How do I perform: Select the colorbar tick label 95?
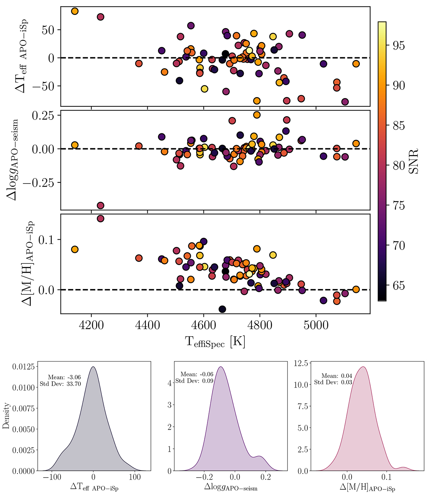pos(396,46)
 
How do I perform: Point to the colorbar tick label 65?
pos(396,286)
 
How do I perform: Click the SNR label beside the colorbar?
pos(413,161)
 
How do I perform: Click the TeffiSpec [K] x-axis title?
pos(215,342)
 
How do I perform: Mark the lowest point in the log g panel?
pos(100,206)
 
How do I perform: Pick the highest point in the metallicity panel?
pos(100,218)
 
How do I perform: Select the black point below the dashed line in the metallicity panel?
pos(222,309)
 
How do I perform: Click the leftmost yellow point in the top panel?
pos(75,11)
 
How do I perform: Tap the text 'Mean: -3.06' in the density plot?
pos(62,377)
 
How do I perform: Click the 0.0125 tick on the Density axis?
pos(24,367)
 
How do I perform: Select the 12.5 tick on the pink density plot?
pos(301,364)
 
